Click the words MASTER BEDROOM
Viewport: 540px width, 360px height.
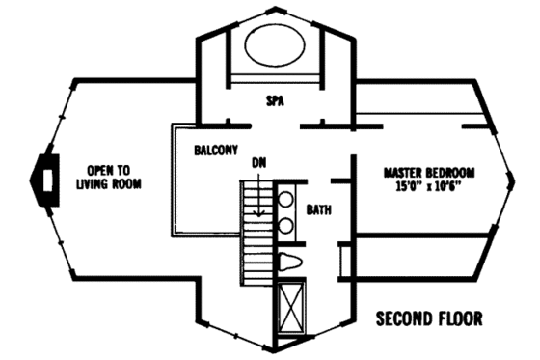point(422,173)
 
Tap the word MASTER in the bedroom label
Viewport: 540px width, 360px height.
point(399,173)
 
